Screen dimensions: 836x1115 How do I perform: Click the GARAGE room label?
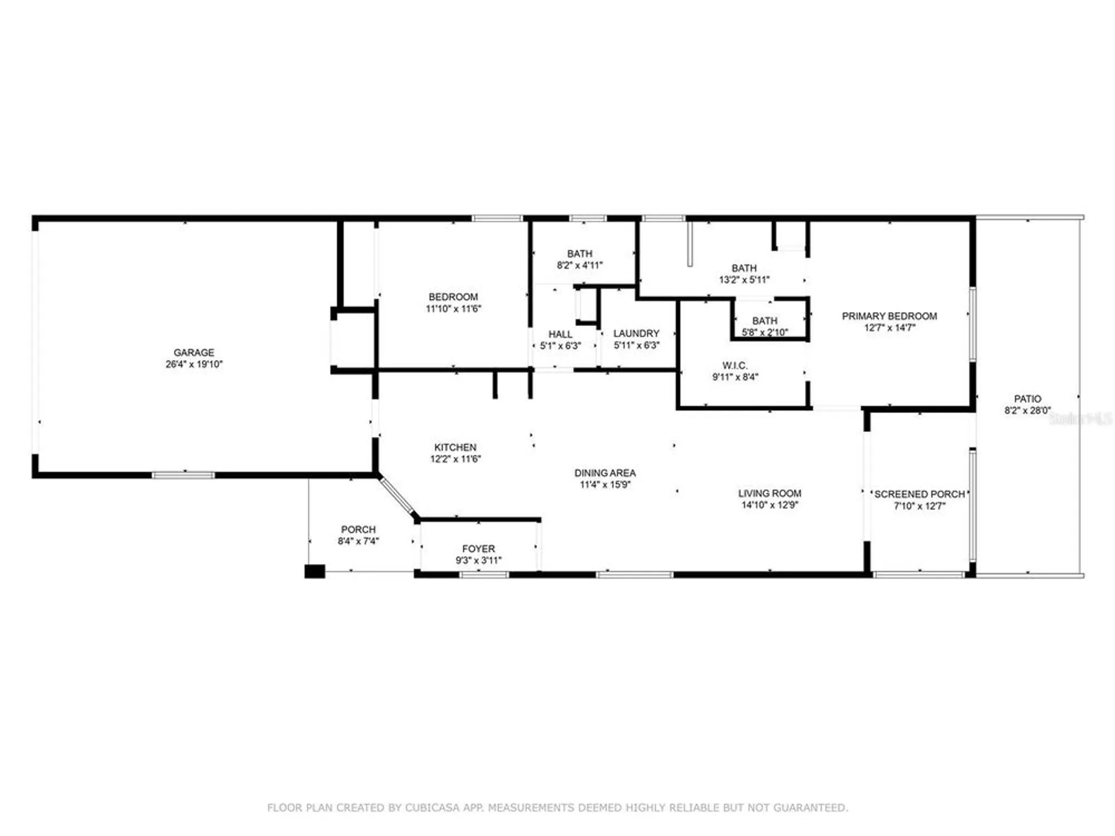pos(193,352)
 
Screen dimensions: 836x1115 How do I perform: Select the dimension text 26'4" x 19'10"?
pos(193,364)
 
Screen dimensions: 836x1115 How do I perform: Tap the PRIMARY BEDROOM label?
pos(889,316)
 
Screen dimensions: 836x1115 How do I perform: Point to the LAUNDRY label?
pos(636,333)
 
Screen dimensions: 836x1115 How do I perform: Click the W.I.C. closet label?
pos(735,366)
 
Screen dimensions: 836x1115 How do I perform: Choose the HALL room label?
pos(560,334)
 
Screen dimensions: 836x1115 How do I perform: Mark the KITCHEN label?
pos(455,447)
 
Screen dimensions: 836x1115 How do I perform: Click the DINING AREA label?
pos(605,473)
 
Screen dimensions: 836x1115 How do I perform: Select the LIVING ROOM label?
pos(769,493)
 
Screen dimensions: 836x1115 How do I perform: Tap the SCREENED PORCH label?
pos(919,494)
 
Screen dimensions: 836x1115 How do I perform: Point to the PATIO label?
pos(1027,398)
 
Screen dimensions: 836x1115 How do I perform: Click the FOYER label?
pos(478,548)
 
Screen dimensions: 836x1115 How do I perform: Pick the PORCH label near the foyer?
pos(358,529)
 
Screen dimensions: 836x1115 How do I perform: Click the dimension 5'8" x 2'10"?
pos(764,333)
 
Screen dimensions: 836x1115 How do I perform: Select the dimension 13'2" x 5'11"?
pos(744,280)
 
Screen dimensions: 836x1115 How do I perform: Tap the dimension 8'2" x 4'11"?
pos(579,265)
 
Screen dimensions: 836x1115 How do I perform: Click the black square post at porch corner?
pos(314,571)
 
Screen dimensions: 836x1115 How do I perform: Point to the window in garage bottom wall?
pos(183,475)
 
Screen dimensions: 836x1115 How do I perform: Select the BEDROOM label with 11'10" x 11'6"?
pos(453,297)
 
